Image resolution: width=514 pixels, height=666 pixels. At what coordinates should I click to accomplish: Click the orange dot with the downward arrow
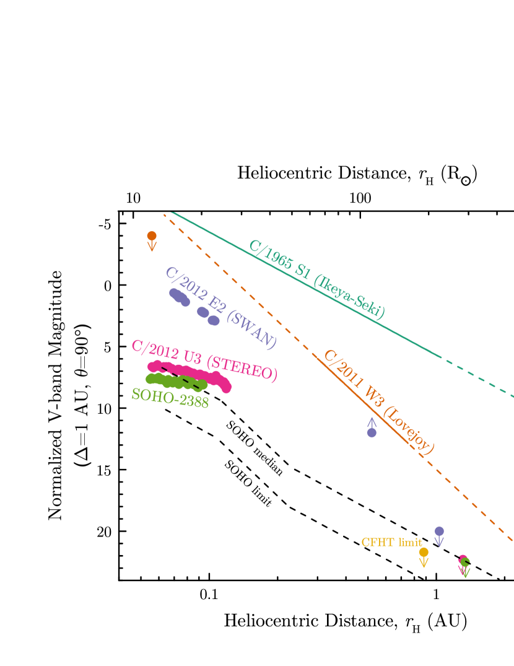tap(152, 236)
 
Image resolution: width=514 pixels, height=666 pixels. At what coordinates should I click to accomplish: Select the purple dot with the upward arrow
tap(372, 432)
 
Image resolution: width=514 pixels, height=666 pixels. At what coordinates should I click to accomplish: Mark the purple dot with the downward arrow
tap(439, 531)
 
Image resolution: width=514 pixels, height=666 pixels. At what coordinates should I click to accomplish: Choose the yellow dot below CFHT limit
tap(424, 551)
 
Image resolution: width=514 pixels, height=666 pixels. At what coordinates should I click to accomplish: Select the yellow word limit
tap(410, 543)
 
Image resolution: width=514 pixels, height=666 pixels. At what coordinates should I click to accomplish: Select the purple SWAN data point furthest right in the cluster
tap(214, 320)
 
